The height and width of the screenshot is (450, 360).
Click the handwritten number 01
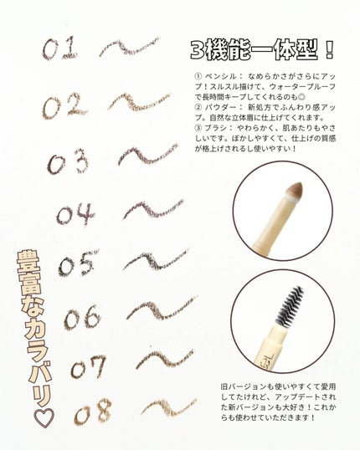[x=59, y=49]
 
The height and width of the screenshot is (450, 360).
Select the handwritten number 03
[x=68, y=162]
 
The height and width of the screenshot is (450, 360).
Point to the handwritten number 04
[x=75, y=214]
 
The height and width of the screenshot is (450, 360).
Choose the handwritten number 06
[x=82, y=317]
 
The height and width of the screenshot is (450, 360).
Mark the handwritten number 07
[x=88, y=366]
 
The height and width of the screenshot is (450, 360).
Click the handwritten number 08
[x=92, y=412]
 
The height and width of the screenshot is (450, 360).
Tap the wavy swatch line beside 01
[x=130, y=47]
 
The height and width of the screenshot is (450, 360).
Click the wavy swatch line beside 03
[x=148, y=156]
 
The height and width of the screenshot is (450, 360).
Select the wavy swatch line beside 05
[x=156, y=259]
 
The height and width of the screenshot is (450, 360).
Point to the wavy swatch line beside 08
[x=169, y=407]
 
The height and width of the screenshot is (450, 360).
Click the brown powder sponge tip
[x=295, y=190]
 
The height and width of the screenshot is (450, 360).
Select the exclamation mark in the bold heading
[x=330, y=50]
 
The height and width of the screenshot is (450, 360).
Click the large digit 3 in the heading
[x=198, y=50]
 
